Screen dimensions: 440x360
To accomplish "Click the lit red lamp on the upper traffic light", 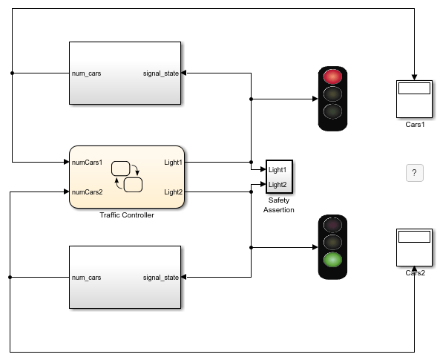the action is point(332,76).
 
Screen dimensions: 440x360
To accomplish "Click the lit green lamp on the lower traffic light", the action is point(332,260).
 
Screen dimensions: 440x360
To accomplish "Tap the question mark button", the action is point(415,173).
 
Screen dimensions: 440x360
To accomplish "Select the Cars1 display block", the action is point(414,99).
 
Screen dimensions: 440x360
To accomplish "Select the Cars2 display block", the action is point(414,247).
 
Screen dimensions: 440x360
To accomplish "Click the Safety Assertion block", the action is point(279,177).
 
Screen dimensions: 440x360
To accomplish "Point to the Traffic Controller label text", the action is point(127,215).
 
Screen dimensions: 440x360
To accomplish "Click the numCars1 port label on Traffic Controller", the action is point(88,163).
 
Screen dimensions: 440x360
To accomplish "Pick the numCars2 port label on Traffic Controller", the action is point(88,192).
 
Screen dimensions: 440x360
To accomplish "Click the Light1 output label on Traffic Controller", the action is point(174,163).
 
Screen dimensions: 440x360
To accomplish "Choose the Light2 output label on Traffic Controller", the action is point(174,192).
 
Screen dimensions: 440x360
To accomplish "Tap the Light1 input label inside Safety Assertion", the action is point(278,170).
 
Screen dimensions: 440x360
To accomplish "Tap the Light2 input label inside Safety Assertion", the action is point(278,185).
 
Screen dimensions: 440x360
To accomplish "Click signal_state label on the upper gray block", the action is point(161,73).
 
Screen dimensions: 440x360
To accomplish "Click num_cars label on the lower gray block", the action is point(86,278).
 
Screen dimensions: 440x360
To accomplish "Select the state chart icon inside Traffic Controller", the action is point(127,177).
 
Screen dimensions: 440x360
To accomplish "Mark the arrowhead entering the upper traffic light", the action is point(315,99).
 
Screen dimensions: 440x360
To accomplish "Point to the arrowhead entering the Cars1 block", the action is point(414,77).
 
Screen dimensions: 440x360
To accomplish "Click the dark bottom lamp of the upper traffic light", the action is point(332,111).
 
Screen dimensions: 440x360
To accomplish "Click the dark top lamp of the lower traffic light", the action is point(332,225).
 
